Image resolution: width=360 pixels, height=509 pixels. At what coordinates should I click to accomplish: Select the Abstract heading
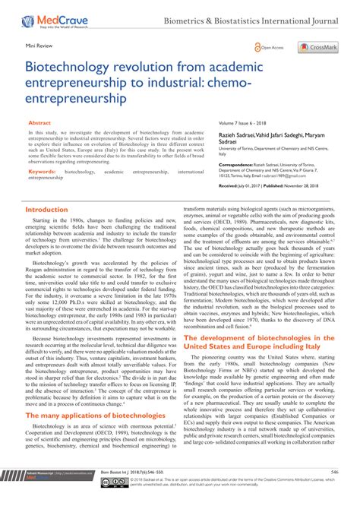[39, 122]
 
